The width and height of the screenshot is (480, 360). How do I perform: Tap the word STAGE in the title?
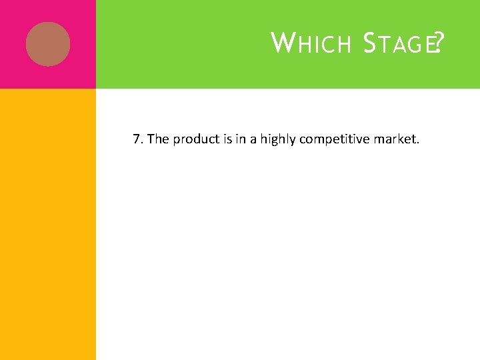tap(398, 44)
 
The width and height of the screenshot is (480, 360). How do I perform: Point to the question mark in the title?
tap(438, 44)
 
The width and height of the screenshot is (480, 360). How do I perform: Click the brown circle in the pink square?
tap(48, 44)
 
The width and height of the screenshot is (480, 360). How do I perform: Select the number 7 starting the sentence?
tap(136, 139)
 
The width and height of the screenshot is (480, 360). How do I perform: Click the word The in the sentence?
tap(159, 139)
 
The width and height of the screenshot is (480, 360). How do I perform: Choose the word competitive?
tap(337, 140)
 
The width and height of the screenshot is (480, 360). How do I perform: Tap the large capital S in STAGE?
tap(370, 44)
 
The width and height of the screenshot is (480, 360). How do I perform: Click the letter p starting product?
tap(177, 141)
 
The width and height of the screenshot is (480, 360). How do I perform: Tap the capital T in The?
tap(151, 139)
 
